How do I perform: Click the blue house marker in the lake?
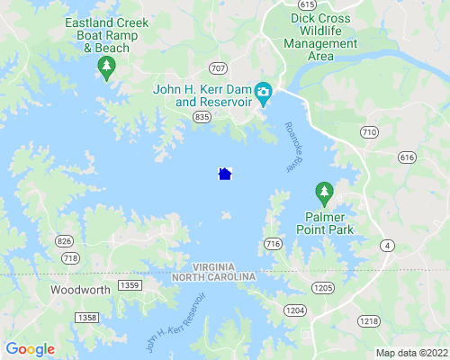pyautogui.click(x=225, y=174)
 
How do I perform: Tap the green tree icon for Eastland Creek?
pyautogui.click(x=107, y=67)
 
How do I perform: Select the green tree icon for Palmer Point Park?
pyautogui.click(x=324, y=192)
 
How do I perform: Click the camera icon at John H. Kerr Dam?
pyautogui.click(x=264, y=93)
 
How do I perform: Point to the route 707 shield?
pyautogui.click(x=218, y=68)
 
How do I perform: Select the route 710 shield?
pyautogui.click(x=368, y=132)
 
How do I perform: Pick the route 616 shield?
pyautogui.click(x=408, y=157)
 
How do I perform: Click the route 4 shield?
pyautogui.click(x=387, y=245)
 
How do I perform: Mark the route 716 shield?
pyautogui.click(x=274, y=244)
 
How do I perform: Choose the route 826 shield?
pyautogui.click(x=64, y=240)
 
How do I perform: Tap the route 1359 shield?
pyautogui.click(x=129, y=285)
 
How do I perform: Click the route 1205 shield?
pyautogui.click(x=323, y=286)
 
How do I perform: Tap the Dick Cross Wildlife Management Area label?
pyautogui.click(x=320, y=36)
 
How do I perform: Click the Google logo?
pyautogui.click(x=30, y=349)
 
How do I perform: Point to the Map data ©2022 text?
pyautogui.click(x=410, y=352)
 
